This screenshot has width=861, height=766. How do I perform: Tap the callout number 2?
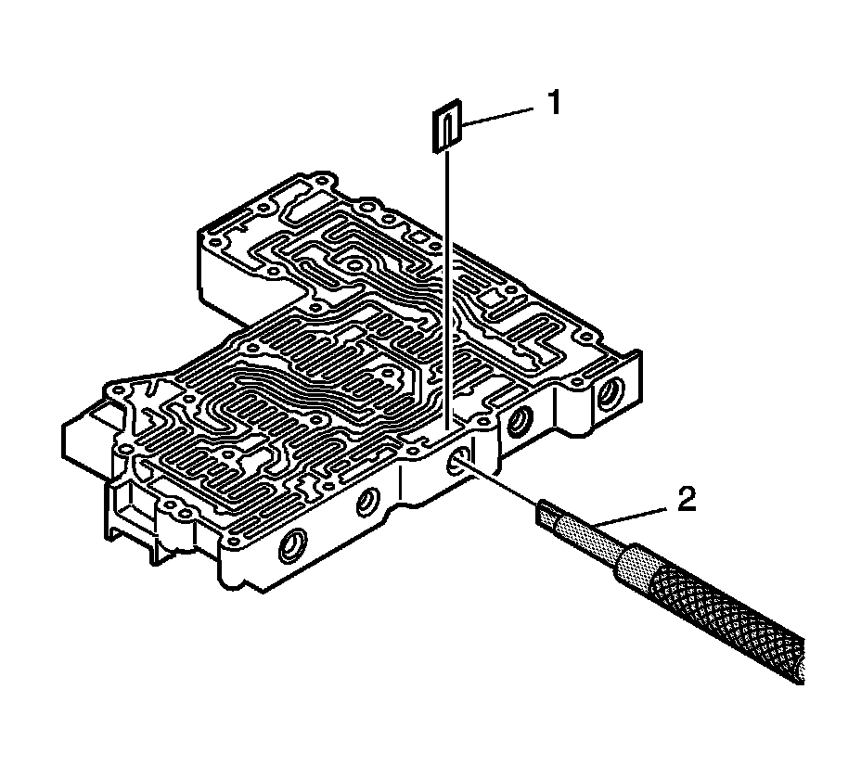[x=684, y=501]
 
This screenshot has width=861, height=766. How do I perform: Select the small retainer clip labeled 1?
[x=446, y=125]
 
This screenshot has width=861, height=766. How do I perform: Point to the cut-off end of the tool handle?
[x=796, y=664]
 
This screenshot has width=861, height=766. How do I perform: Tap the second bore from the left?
[x=368, y=504]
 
